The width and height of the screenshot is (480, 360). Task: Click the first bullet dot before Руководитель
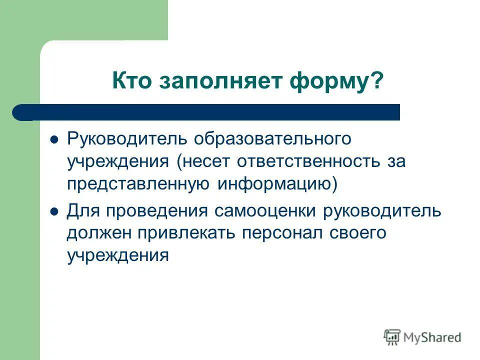point(55,139)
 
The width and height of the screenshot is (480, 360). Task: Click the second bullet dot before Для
point(55,211)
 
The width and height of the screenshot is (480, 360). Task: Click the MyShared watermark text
point(432,338)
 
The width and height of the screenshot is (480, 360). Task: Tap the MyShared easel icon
point(392,337)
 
